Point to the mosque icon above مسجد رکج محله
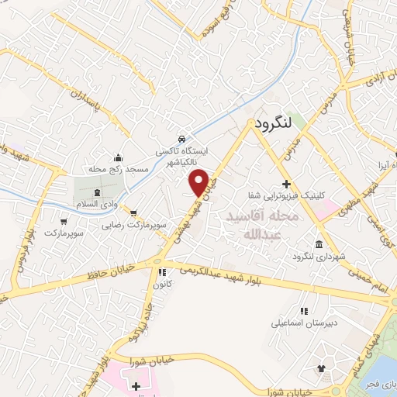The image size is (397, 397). click(x=118, y=157)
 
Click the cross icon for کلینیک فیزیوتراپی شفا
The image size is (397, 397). click(x=286, y=185)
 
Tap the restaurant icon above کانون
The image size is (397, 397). click(x=162, y=272)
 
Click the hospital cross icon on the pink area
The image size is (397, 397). click(x=136, y=385)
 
